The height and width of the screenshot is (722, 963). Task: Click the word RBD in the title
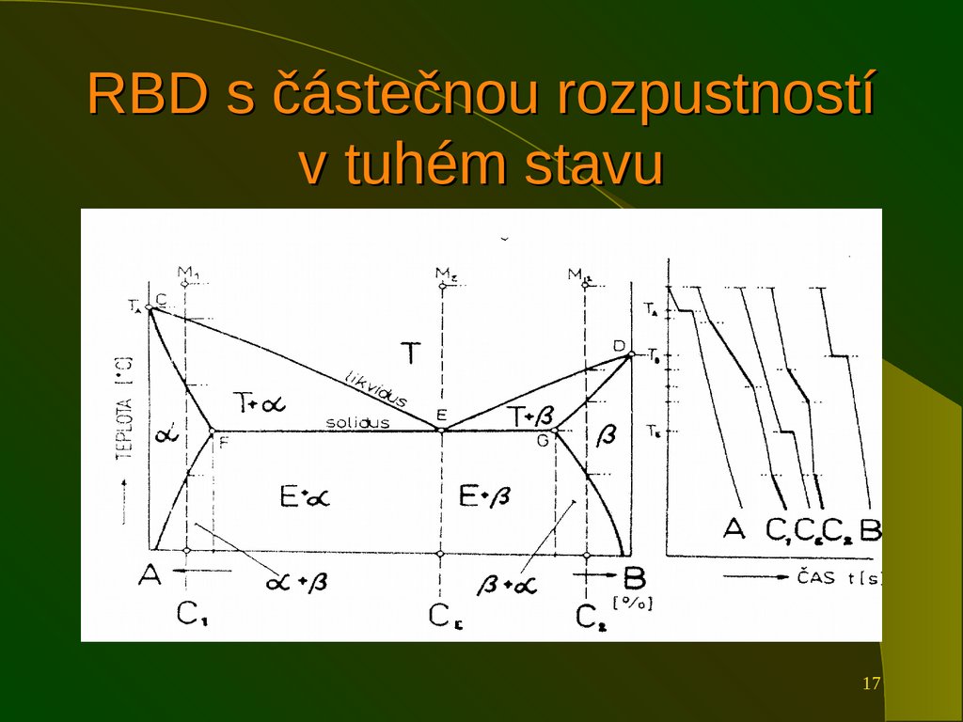(146, 95)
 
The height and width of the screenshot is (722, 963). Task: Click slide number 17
(871, 683)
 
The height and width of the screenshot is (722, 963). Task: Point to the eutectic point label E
(440, 415)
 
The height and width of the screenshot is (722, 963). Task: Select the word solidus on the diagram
(357, 423)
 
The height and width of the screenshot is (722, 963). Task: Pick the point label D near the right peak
(619, 346)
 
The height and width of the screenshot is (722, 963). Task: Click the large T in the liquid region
(411, 353)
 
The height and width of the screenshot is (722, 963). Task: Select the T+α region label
(260, 403)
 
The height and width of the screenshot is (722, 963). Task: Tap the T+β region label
(529, 414)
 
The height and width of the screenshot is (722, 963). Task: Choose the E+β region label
(485, 495)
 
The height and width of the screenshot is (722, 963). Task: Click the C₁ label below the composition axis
(193, 614)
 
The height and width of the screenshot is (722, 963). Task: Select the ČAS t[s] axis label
(840, 577)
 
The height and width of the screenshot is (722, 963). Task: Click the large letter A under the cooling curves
(734, 528)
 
